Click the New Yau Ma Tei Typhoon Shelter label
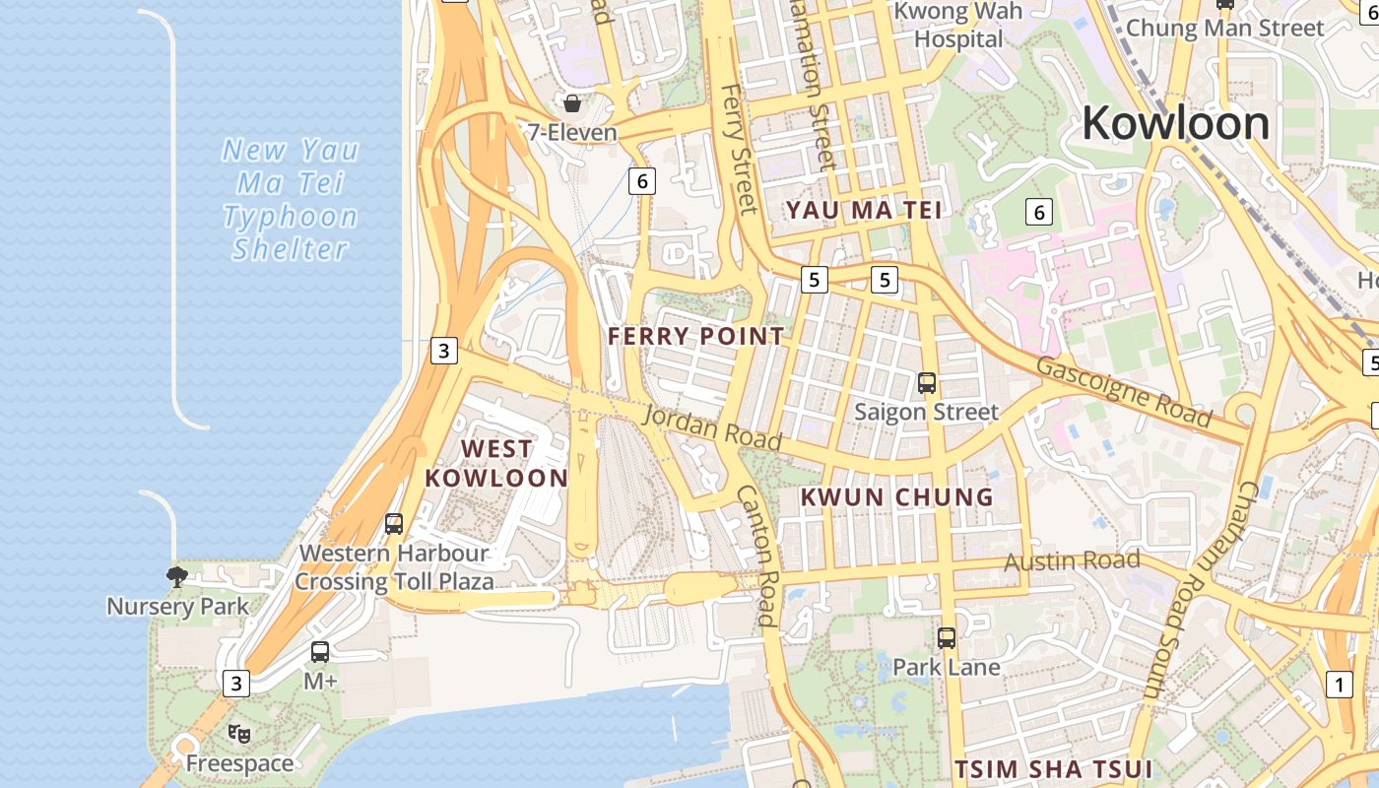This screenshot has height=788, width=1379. coord(291,199)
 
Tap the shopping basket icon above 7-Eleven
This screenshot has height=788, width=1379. coord(571,102)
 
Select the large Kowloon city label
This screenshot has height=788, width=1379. coord(1176,124)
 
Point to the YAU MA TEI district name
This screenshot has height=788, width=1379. coord(864,210)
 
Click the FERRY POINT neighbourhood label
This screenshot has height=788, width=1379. coord(696,337)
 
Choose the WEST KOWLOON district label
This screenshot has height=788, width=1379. coord(496,464)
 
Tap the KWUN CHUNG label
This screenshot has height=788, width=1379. coord(897,497)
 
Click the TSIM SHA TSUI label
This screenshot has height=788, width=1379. coord(1054,768)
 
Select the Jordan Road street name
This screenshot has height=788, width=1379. coord(712,427)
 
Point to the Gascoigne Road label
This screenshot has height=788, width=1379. coord(1123,391)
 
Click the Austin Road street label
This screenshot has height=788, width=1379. coord(1072,562)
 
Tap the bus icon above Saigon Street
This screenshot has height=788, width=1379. coord(927,383)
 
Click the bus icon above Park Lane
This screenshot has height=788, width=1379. coord(947,638)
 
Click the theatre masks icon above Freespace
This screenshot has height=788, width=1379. coord(239,734)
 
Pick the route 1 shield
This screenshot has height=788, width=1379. coord(1340,685)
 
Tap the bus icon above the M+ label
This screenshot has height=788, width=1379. coord(320,651)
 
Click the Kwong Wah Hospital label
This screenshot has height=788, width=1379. coord(957,26)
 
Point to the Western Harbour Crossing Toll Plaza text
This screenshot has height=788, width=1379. coord(394,567)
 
